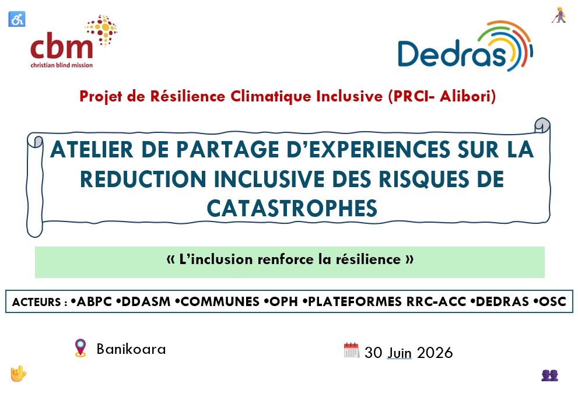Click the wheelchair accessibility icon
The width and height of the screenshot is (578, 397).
pyautogui.click(x=16, y=19)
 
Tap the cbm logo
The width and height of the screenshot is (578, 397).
pyautogui.click(x=73, y=41)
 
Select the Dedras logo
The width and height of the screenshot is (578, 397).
pyautogui.click(x=465, y=47)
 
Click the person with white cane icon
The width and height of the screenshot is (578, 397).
pyautogui.click(x=559, y=15)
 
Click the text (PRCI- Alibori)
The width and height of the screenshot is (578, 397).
pyautogui.click(x=442, y=97)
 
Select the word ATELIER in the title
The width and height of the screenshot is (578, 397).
pyautogui.click(x=92, y=149)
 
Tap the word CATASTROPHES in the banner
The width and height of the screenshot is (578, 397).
pyautogui.click(x=292, y=209)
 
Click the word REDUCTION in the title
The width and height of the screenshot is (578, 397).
pyautogui.click(x=143, y=180)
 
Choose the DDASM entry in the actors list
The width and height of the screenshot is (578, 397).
pyautogui.click(x=146, y=301)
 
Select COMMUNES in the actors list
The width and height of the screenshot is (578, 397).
pyautogui.click(x=220, y=301)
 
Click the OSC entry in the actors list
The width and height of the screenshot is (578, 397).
pyautogui.click(x=552, y=301)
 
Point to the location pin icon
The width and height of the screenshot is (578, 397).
pyautogui.click(x=80, y=348)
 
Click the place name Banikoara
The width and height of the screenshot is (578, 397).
pyautogui.click(x=131, y=349)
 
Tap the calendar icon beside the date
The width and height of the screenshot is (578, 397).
pyautogui.click(x=351, y=350)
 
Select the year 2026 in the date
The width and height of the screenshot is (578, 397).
pyautogui.click(x=435, y=353)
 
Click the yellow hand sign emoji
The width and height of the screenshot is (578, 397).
pyautogui.click(x=18, y=374)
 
